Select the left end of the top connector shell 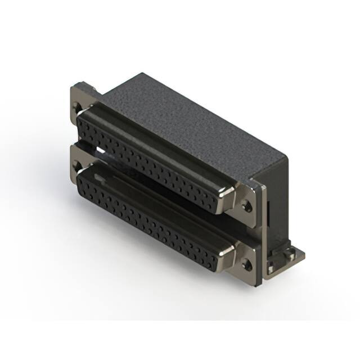[x=82, y=121]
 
